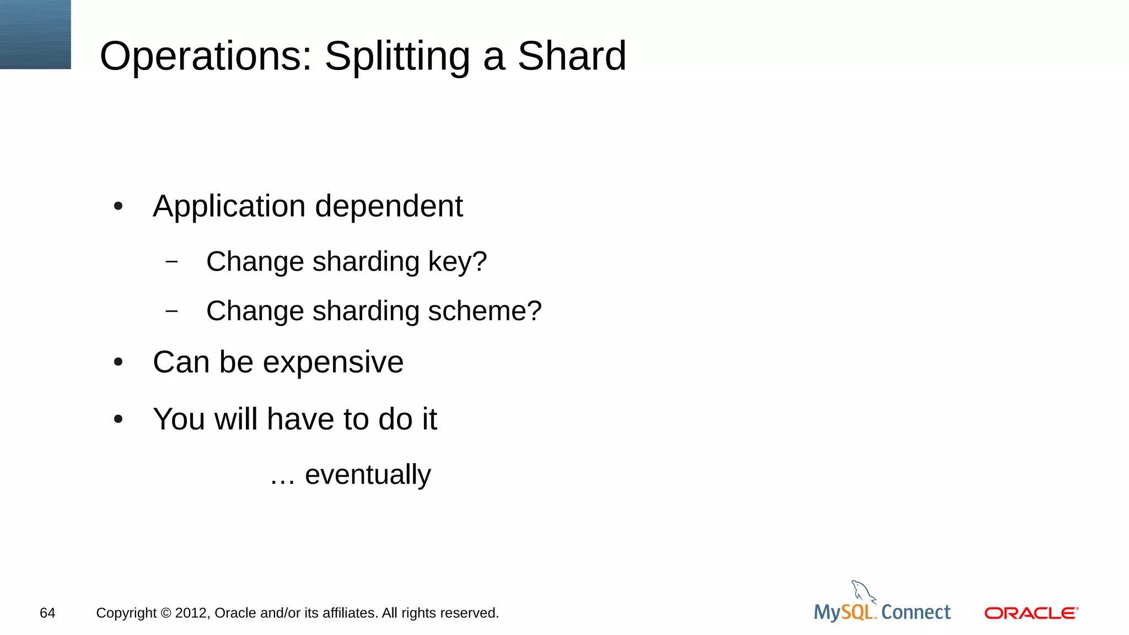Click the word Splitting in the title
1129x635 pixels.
click(x=397, y=57)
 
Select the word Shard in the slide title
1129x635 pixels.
click(x=572, y=56)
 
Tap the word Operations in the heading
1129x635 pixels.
click(x=206, y=57)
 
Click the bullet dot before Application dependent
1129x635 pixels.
click(x=118, y=207)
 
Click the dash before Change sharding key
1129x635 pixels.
click(x=171, y=261)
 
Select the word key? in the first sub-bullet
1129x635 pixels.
click(x=458, y=262)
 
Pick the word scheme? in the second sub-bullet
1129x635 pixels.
click(x=485, y=311)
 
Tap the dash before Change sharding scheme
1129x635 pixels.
click(x=171, y=311)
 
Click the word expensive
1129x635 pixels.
click(x=333, y=363)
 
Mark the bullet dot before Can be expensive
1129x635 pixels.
click(x=118, y=363)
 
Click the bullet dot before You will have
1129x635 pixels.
click(x=118, y=419)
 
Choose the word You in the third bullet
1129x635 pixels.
click(x=180, y=419)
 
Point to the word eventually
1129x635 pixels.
click(x=368, y=475)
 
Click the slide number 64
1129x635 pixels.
click(x=47, y=613)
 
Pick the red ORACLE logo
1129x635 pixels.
click(x=1031, y=613)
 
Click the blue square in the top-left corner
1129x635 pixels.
click(x=35, y=34)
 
